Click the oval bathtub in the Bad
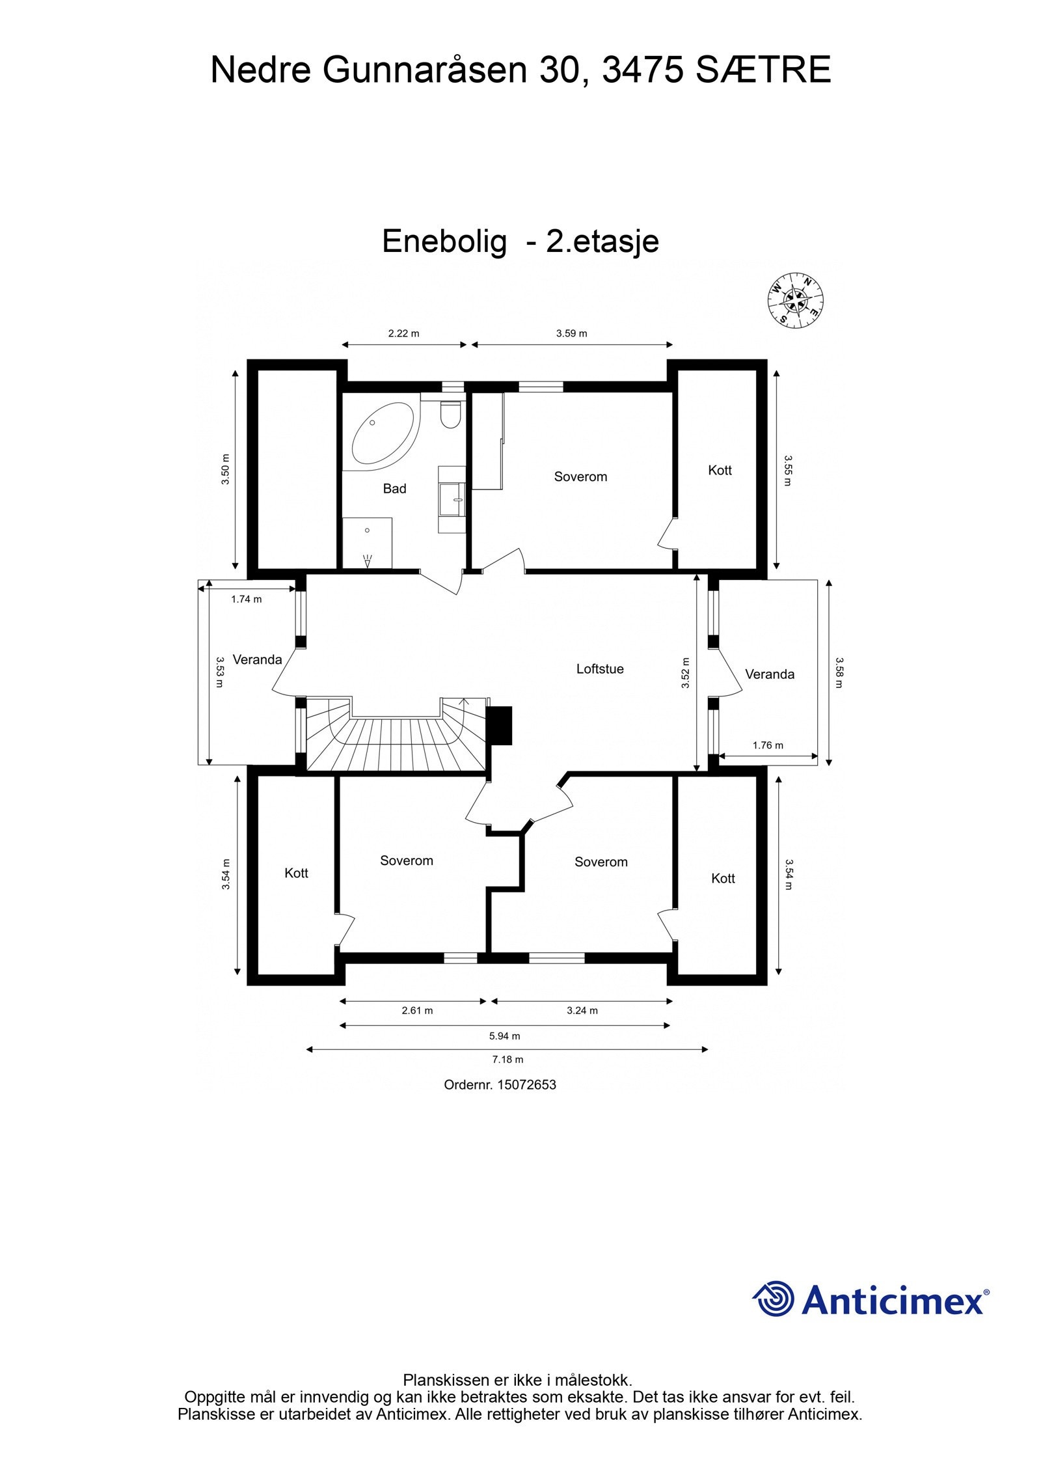pyautogui.click(x=383, y=434)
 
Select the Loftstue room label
pyautogui.click(x=599, y=668)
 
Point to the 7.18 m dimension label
pyautogui.click(x=507, y=1059)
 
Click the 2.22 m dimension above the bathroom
pyautogui.click(x=403, y=333)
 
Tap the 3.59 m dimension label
pyautogui.click(x=571, y=333)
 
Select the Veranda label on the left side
pyautogui.click(x=257, y=659)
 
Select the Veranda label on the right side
pyautogui.click(x=769, y=674)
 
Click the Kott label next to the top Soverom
pyautogui.click(x=720, y=470)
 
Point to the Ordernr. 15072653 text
pyautogui.click(x=500, y=1085)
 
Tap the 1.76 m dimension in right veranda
pyautogui.click(x=768, y=745)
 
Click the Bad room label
pyautogui.click(x=394, y=489)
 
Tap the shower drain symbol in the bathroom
pyautogui.click(x=367, y=530)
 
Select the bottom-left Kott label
pyautogui.click(x=296, y=873)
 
